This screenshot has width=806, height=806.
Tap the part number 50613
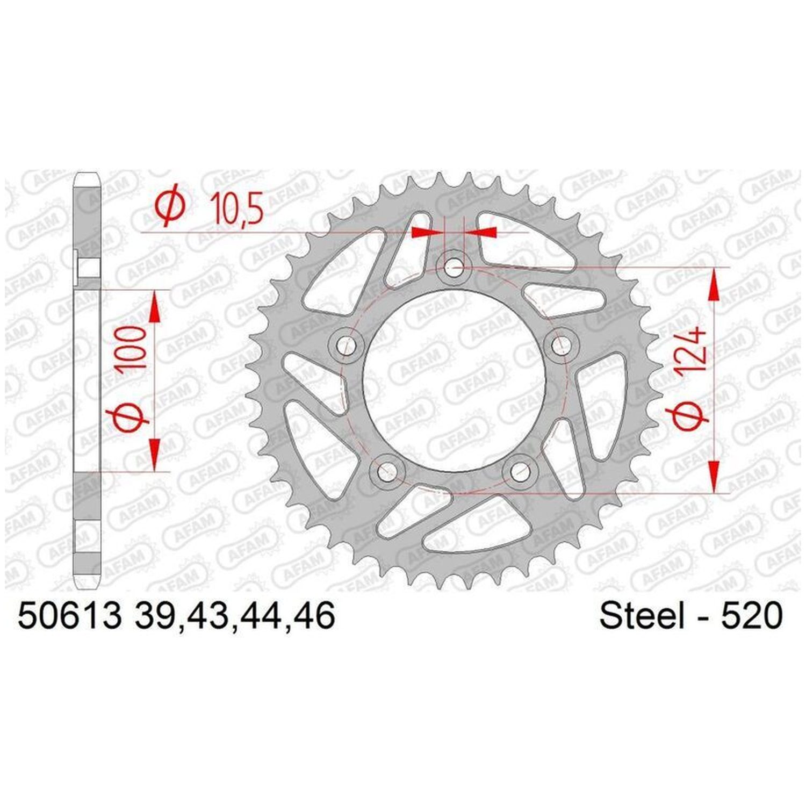[x=69, y=615]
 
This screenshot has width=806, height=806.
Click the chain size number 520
[x=752, y=616]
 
